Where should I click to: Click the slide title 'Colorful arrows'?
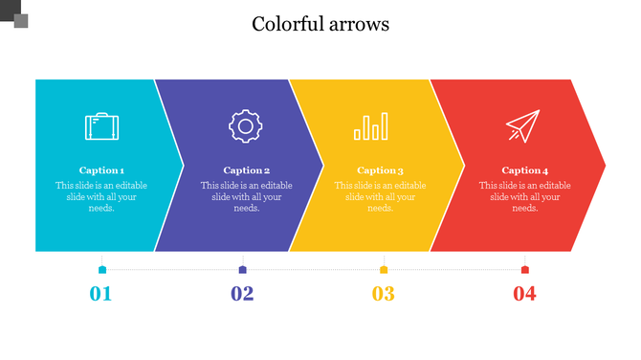tap(320, 24)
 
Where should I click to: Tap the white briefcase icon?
tap(101, 126)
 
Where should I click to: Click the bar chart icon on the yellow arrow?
tap(372, 126)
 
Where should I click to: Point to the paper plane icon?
tap(523, 126)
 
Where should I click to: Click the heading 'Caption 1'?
tap(101, 170)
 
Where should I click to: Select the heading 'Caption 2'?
tap(247, 170)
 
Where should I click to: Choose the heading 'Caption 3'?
tap(380, 170)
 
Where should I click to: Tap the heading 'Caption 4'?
tap(525, 170)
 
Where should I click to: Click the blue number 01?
tap(100, 294)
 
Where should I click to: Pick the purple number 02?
tap(242, 294)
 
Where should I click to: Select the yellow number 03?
tap(383, 294)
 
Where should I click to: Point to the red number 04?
tap(524, 294)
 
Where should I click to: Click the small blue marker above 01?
tap(102, 270)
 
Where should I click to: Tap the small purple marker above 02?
tap(243, 270)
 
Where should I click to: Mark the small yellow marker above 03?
tap(384, 270)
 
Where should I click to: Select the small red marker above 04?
tap(524, 270)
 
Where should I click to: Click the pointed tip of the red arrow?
tap(603, 165)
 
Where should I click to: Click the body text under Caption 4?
tap(525, 196)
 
